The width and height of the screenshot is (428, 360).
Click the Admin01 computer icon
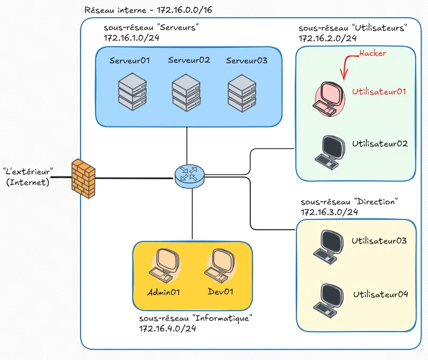point(163,266)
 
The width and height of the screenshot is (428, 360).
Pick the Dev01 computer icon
point(219,266)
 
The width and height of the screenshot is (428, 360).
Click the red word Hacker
point(372,54)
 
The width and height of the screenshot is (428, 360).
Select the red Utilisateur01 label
point(379,92)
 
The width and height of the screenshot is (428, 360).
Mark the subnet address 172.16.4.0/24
point(167,328)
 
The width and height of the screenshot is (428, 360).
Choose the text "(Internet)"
point(27,182)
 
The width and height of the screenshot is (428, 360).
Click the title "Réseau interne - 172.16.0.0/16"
point(149,10)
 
